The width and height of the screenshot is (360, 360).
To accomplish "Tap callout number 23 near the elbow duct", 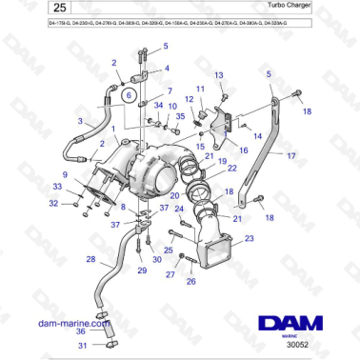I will pyautogui.click(x=249, y=238).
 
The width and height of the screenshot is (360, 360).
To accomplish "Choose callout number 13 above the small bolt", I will pyautogui.click(x=217, y=74).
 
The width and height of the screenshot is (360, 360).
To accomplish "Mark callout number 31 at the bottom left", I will pyautogui.click(x=82, y=346).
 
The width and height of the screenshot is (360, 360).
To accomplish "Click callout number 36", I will pyautogui.click(x=82, y=330).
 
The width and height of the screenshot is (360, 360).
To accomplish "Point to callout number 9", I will pyautogui.click(x=66, y=174).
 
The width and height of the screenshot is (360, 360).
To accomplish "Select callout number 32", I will pyautogui.click(x=53, y=203).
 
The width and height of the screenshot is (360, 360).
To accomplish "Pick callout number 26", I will pyautogui.click(x=190, y=282).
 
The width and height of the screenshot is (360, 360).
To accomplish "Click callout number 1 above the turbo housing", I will pyautogui.click(x=113, y=128).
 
